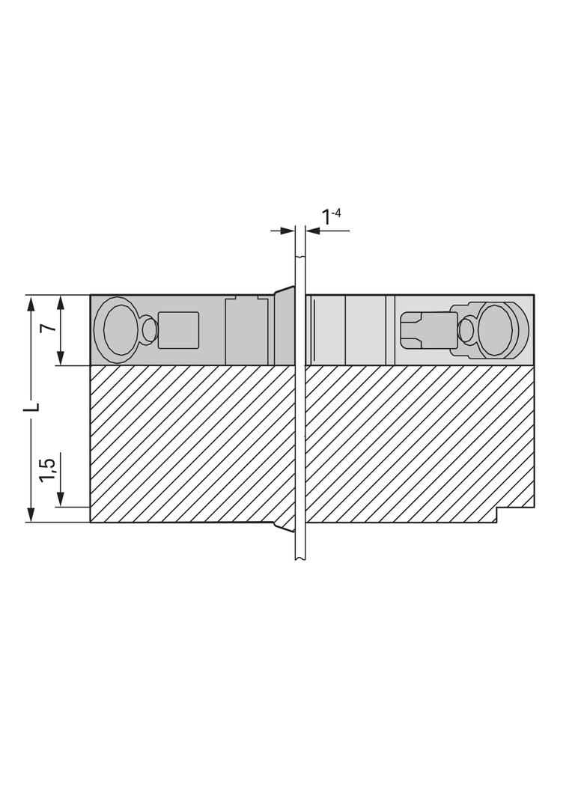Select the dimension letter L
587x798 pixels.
click(34, 406)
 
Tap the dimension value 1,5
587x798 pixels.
click(49, 469)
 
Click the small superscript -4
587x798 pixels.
click(335, 212)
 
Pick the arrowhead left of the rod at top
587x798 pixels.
click(288, 231)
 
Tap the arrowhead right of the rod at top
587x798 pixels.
click(311, 231)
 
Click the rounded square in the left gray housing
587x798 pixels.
click(177, 330)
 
